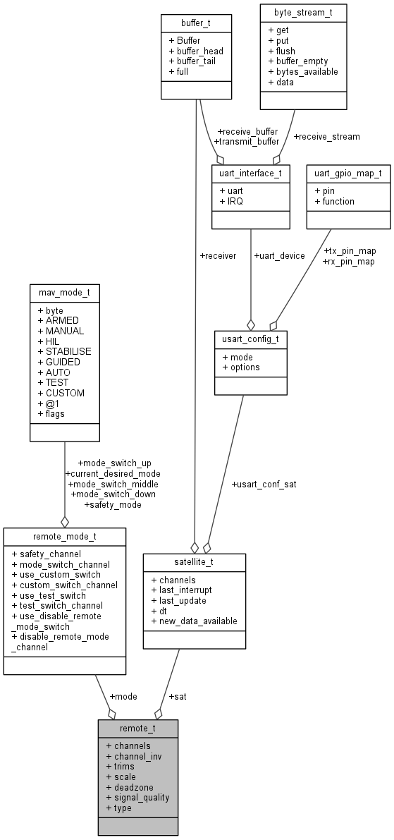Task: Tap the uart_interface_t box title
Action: [x=250, y=173]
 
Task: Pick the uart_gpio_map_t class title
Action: [x=348, y=173]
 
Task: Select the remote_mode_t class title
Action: [x=65, y=537]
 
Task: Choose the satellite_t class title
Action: [x=195, y=562]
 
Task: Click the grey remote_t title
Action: [x=138, y=728]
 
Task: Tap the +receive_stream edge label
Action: [x=326, y=136]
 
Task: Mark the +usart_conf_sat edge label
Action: [x=263, y=485]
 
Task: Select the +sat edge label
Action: [x=178, y=696]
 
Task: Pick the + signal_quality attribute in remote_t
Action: [x=137, y=798]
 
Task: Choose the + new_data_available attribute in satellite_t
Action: [x=194, y=621]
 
